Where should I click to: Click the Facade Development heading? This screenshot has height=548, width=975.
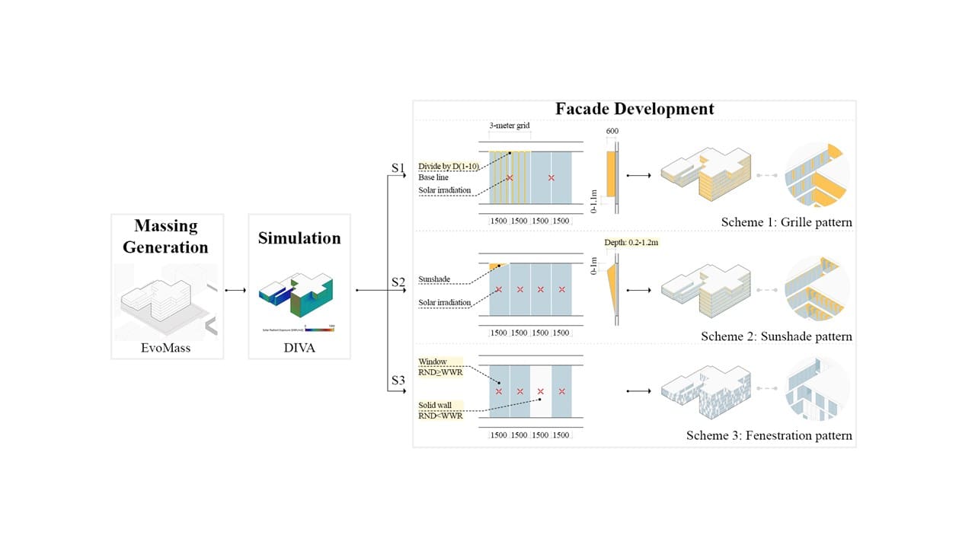coord(635,109)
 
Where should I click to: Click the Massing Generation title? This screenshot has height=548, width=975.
coord(166,236)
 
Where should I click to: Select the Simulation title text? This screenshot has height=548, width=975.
coord(299,237)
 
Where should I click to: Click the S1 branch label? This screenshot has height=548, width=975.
coord(398,167)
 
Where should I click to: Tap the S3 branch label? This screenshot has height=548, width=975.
coord(398,380)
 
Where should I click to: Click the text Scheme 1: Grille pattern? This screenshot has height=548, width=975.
coord(786,223)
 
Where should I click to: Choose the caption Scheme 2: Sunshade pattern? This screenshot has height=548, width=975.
coord(776,336)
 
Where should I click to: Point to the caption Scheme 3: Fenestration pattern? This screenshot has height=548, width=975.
coord(769,436)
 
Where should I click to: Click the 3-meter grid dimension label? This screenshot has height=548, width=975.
coord(510,124)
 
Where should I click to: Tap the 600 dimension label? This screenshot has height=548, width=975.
coord(613,132)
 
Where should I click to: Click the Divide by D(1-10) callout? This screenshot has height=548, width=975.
coord(448,166)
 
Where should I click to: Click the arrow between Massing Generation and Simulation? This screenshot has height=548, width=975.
coord(235,290)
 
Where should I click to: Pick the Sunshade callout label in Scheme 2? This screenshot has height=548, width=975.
coord(434,279)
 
